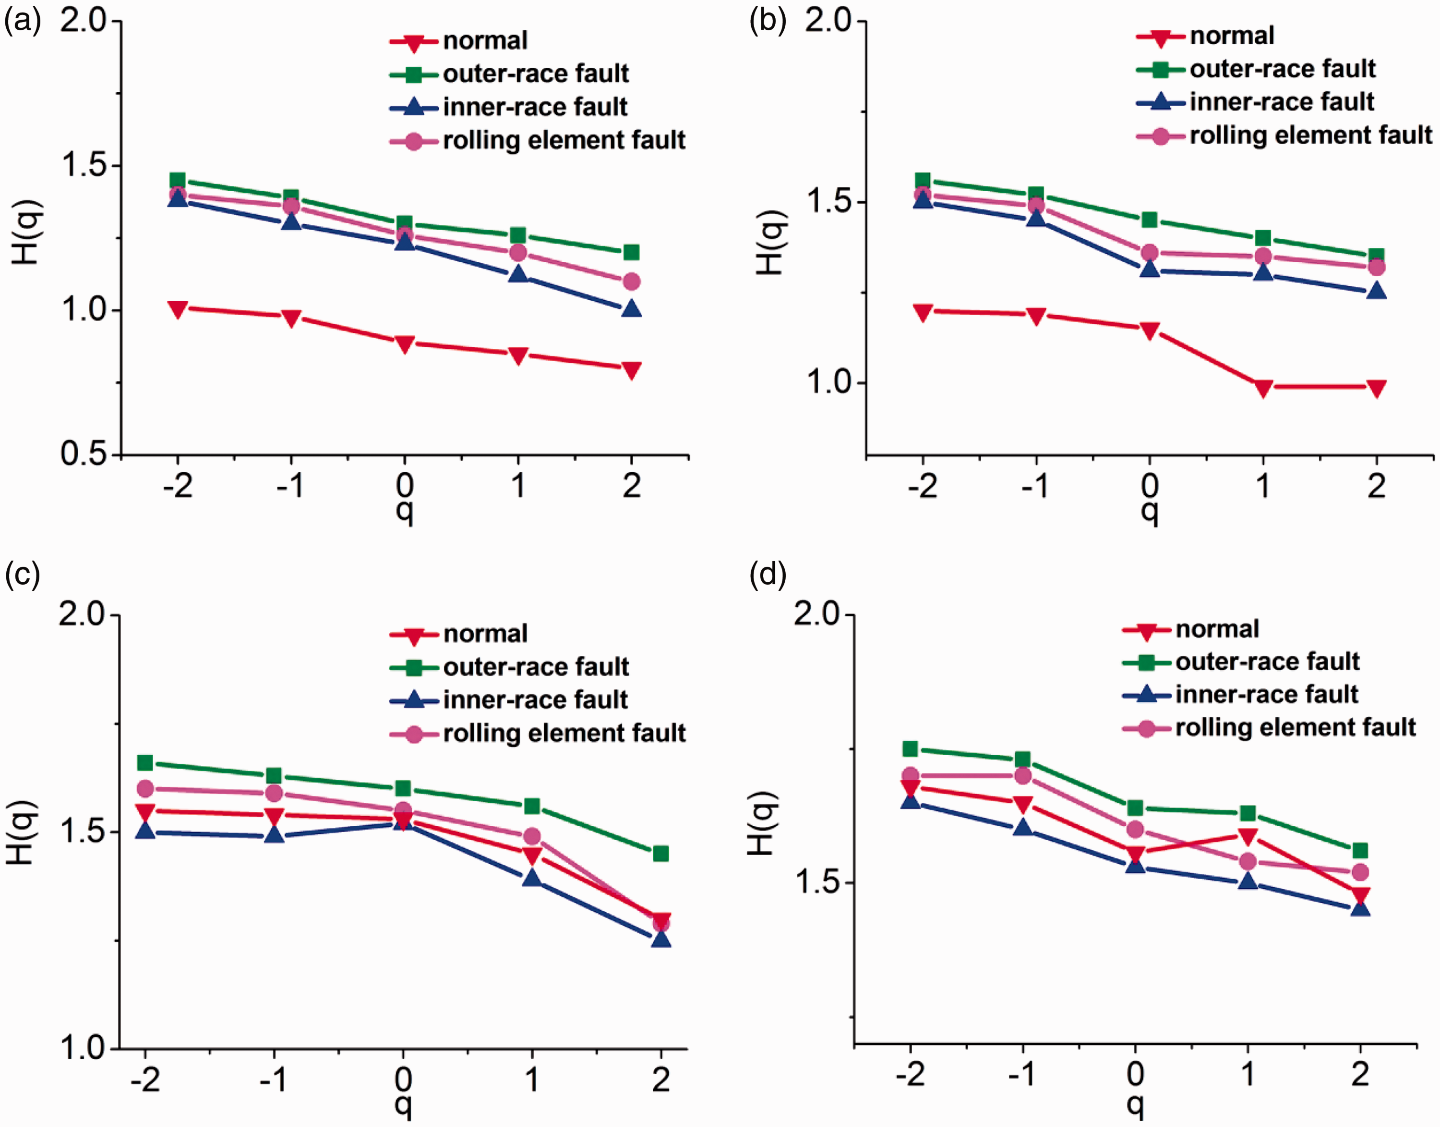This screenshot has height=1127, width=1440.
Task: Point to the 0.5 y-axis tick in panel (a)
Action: [83, 454]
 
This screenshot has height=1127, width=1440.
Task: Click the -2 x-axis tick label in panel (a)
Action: [178, 486]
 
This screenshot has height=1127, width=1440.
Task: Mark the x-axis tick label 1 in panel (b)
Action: [1262, 486]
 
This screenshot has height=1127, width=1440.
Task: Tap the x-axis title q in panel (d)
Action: [1134, 1104]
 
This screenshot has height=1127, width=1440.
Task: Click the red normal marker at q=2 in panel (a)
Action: [632, 370]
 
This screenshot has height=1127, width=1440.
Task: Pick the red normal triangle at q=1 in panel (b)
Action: [1262, 389]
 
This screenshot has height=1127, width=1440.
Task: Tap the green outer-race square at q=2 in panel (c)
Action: [660, 854]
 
